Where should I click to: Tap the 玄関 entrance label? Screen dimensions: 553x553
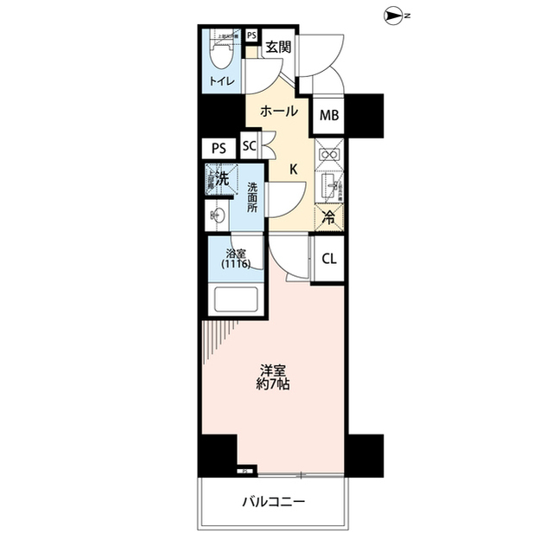point(277,48)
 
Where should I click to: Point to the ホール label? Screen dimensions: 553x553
point(279,111)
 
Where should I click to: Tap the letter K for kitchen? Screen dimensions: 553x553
point(293,170)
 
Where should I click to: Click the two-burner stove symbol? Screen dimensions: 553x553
point(328,154)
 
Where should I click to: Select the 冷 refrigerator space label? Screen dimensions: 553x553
point(329,218)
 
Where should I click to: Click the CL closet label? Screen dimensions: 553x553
point(329,258)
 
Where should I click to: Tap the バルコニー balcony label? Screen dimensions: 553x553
point(273,501)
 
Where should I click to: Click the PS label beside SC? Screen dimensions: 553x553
point(218,147)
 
